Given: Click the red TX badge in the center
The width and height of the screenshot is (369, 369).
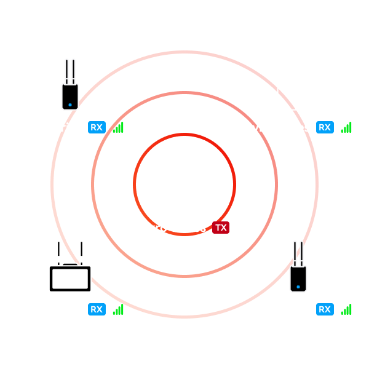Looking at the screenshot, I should tap(221, 228).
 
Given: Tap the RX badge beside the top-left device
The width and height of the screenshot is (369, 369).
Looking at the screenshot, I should tap(97, 127).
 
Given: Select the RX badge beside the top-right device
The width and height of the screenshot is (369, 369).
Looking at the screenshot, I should tap(325, 127).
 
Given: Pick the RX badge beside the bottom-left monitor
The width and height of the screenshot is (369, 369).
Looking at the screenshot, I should tap(97, 309).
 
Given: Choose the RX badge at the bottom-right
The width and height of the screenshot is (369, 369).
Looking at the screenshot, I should tap(325, 309).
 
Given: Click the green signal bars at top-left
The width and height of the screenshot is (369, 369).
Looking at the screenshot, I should tap(118, 127).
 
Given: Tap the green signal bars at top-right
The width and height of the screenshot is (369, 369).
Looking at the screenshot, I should tap(346, 127).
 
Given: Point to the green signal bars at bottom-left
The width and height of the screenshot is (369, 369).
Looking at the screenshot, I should tap(118, 309).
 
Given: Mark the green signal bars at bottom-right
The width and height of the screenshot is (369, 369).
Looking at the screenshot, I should tap(346, 309).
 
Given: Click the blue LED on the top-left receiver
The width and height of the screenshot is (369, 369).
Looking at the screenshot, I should tap(70, 105).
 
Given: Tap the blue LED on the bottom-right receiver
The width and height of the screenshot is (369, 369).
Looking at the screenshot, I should tap(298, 287).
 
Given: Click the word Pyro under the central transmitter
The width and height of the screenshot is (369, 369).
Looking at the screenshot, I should tap(153, 228).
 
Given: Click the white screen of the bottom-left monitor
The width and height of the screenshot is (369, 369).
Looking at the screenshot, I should tap(70, 279).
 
